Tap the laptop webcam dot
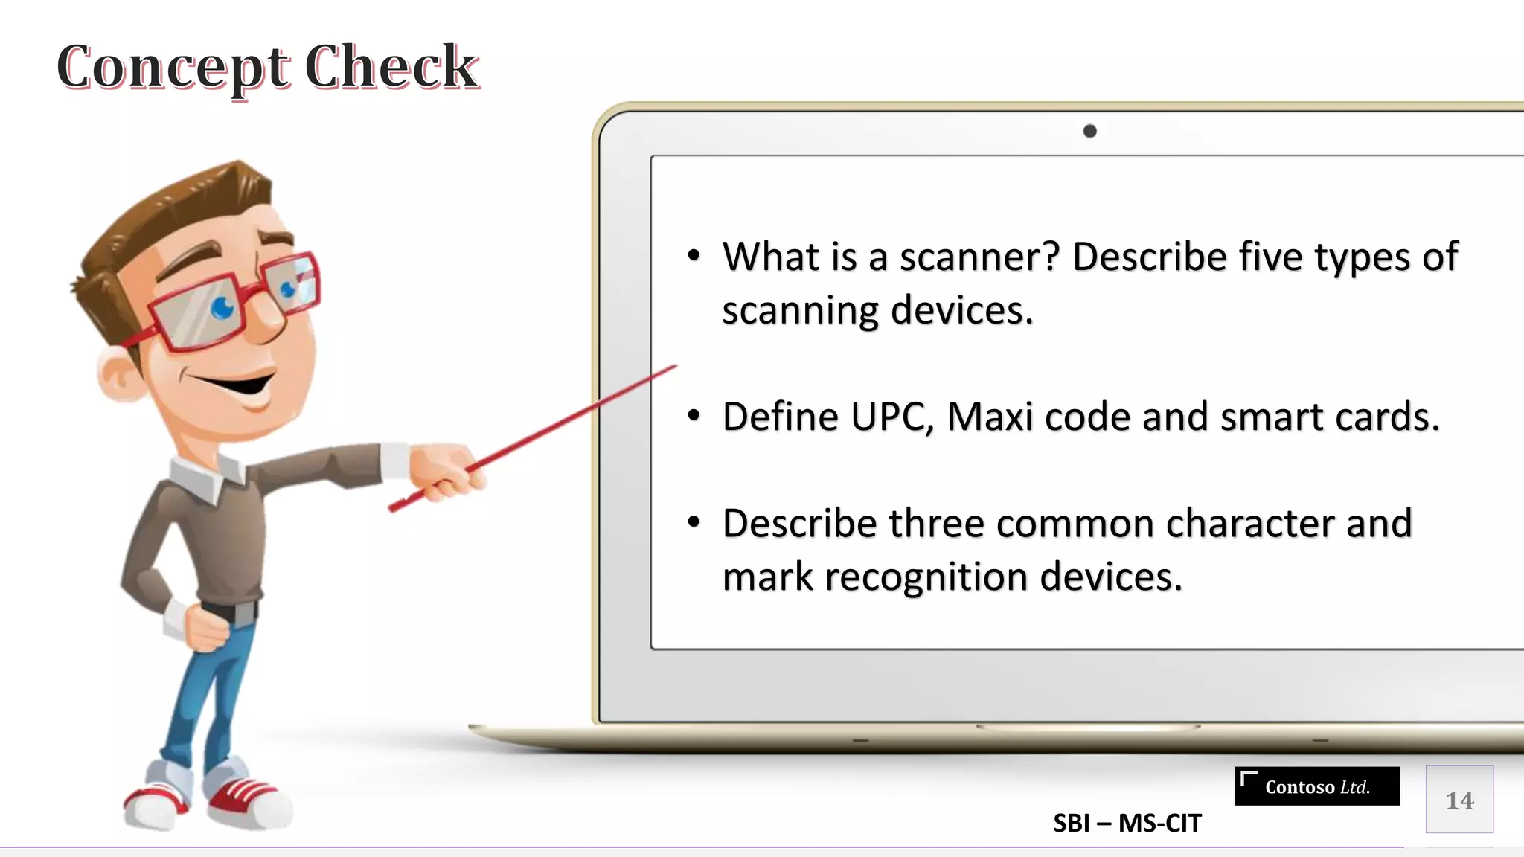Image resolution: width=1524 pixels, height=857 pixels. [x=1089, y=132]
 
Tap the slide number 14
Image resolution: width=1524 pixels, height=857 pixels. [x=1459, y=800]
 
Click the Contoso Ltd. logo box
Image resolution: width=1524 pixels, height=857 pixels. [x=1316, y=786]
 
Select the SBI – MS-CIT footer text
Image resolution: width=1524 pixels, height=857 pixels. [x=1127, y=824]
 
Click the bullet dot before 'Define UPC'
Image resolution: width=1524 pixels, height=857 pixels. [x=694, y=415]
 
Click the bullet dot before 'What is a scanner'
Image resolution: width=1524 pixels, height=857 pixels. [x=694, y=256]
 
